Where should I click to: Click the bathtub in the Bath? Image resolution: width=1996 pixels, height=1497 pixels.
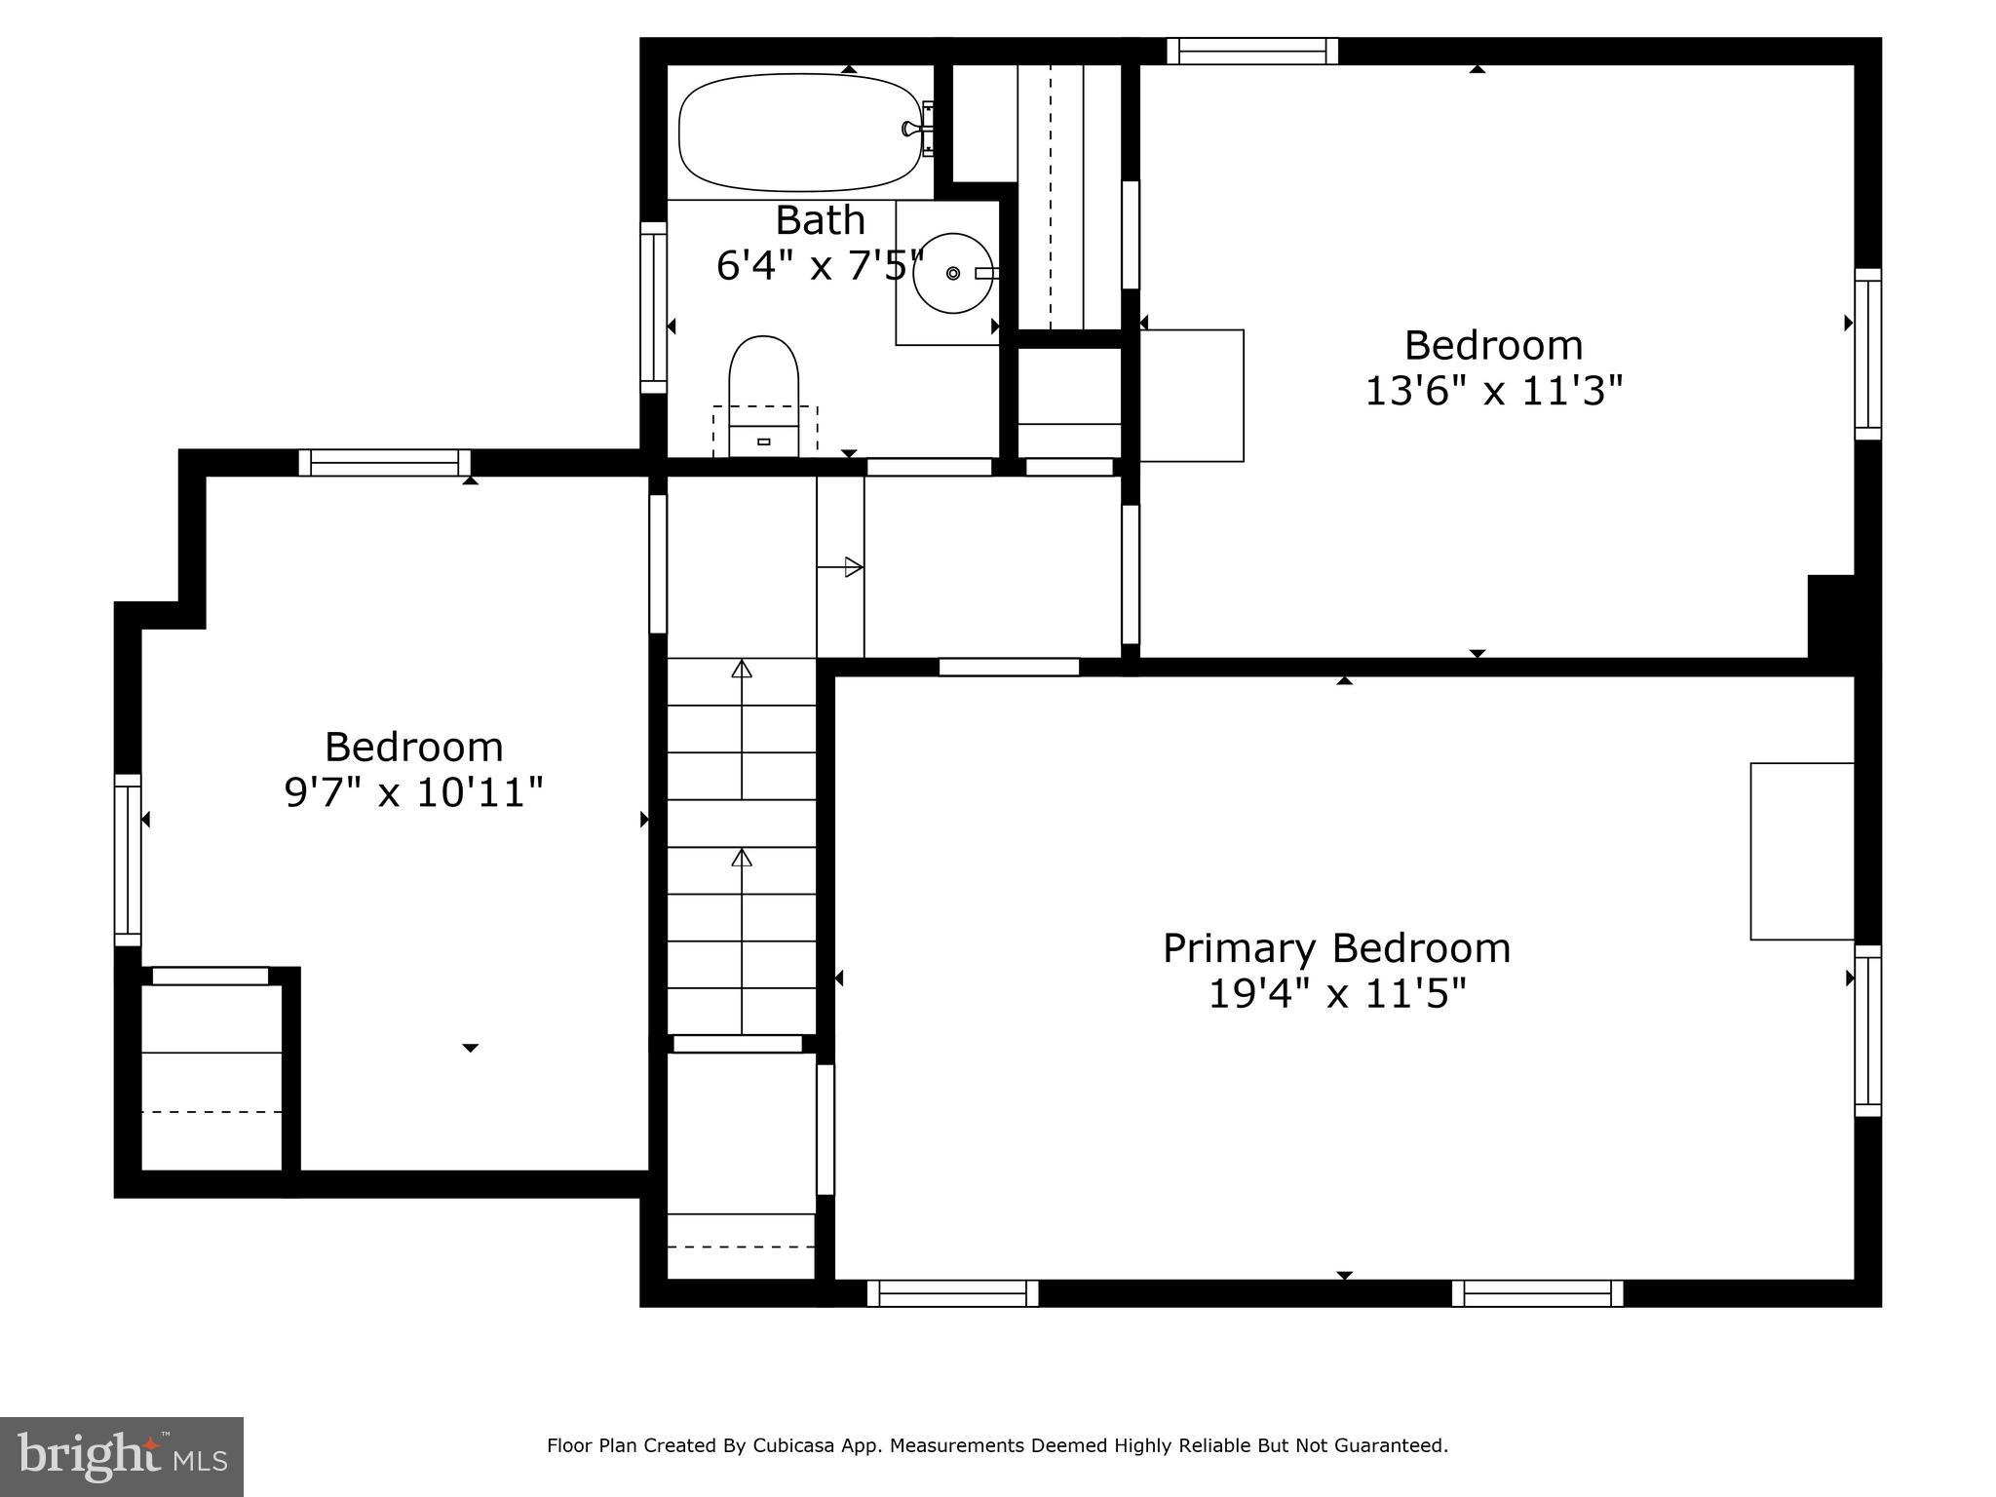tap(799, 133)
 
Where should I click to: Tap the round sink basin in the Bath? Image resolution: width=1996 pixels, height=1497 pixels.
tap(952, 273)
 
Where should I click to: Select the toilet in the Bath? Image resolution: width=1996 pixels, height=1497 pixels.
tap(763, 390)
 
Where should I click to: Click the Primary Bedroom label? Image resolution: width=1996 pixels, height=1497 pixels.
tap(1336, 948)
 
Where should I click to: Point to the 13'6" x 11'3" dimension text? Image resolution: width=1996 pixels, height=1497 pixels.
tap(1493, 392)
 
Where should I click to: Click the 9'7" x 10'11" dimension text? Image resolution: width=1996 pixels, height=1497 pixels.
tap(413, 792)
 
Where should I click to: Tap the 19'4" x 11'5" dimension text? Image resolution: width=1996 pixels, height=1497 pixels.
tap(1336, 995)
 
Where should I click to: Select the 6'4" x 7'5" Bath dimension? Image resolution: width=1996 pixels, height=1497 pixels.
tap(819, 265)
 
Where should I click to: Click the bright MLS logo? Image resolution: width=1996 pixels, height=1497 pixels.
tap(122, 1456)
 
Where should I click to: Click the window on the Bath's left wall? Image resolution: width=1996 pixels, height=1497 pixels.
tap(653, 308)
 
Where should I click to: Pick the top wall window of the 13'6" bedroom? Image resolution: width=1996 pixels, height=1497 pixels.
tap(1251, 51)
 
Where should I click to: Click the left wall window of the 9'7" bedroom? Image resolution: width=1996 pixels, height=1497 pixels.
tap(128, 860)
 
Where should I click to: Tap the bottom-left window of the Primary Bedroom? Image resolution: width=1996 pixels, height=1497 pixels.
tap(952, 1293)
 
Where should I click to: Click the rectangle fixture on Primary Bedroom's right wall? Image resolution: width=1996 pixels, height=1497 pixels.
tap(1801, 851)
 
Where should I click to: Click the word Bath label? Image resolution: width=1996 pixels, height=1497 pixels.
tap(820, 220)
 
